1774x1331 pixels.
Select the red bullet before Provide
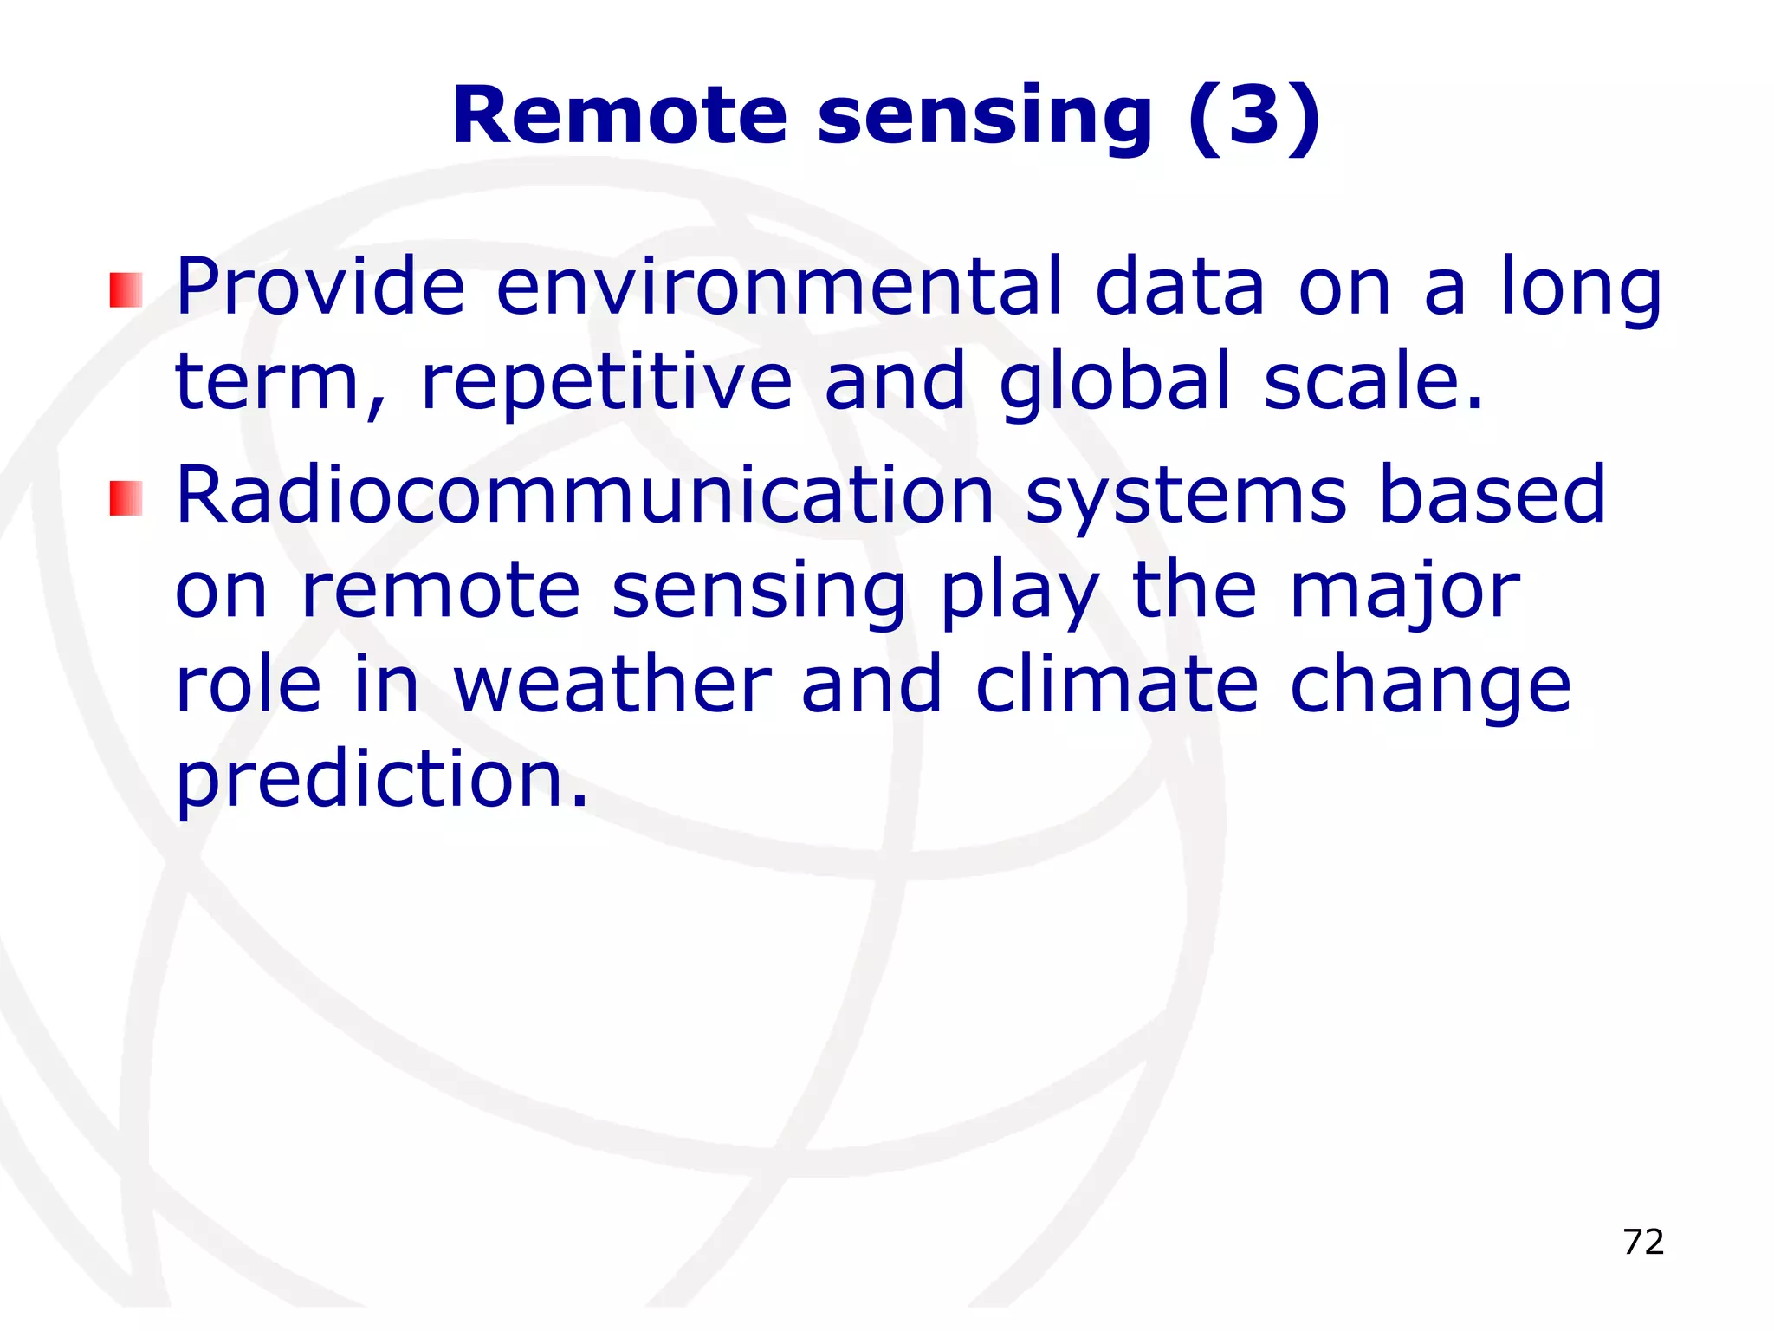(x=126, y=290)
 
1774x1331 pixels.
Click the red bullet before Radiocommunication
(x=126, y=498)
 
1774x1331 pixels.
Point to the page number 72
(x=1643, y=1242)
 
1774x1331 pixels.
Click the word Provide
(x=320, y=287)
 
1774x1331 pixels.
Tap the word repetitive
(x=606, y=381)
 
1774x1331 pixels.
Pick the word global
(x=1115, y=381)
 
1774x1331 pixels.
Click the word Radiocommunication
(x=585, y=495)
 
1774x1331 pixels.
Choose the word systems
(x=1185, y=495)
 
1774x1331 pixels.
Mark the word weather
(x=612, y=685)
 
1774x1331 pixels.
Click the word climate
(x=1117, y=685)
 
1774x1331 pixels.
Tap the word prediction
(x=381, y=780)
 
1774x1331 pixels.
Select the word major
(x=1404, y=590)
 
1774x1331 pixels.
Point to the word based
(x=1492, y=495)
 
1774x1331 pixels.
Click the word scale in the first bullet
(x=1373, y=381)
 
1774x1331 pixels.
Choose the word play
(x=1020, y=590)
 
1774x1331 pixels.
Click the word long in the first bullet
(x=1581, y=287)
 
